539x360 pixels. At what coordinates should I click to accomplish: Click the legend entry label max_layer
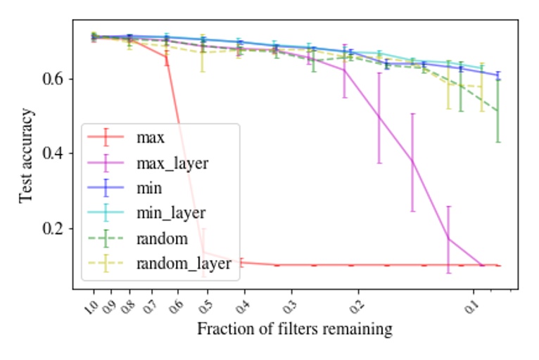[x=172, y=162]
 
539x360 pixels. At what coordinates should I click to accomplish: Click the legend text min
[x=149, y=188]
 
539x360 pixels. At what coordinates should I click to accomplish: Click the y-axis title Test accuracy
[x=26, y=155]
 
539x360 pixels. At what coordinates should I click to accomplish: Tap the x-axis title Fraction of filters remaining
[x=294, y=329]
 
